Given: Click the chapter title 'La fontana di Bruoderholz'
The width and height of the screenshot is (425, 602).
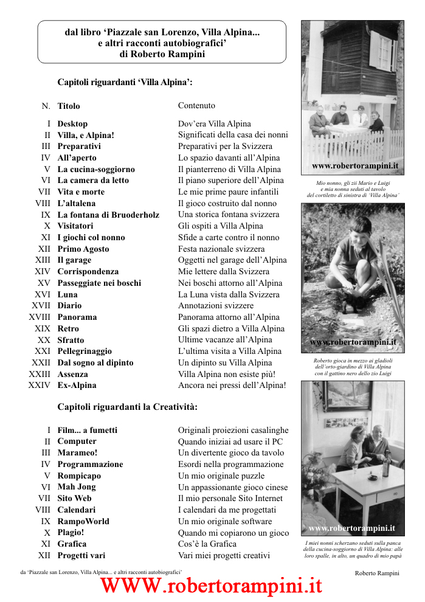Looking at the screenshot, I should tap(108, 215).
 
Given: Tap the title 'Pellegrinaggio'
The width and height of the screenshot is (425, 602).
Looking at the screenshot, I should tap(85, 351).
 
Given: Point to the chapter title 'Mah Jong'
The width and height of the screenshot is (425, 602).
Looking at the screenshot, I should tap(77, 486).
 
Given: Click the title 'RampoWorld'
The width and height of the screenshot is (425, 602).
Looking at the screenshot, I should tap(83, 521).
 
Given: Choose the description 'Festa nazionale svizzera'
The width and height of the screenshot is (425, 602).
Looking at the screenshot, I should tap(221, 249).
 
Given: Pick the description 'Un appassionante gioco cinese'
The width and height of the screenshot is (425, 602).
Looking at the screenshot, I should tap(233, 487).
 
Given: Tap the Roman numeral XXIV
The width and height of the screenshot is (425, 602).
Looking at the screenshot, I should tap(40, 385).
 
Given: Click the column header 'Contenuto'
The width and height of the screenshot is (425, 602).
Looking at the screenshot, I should tap(196, 105).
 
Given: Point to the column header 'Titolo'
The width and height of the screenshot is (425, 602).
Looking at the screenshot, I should tap(69, 106).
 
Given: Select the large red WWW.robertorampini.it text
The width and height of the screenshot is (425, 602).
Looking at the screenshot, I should tap(211, 586).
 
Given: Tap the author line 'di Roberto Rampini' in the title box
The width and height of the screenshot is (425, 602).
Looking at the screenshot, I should tap(162, 54).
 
